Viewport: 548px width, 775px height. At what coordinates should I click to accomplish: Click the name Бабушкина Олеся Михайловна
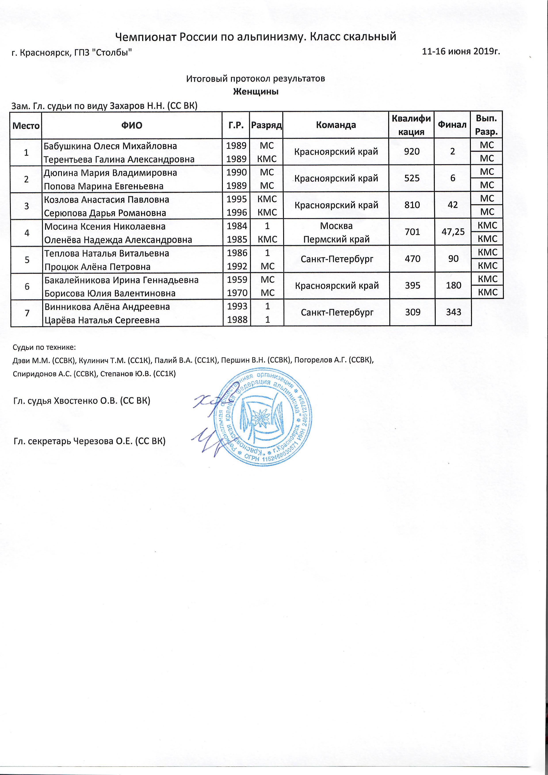point(110,146)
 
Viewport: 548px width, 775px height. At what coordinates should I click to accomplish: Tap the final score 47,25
point(453,232)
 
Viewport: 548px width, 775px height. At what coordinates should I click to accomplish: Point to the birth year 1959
point(237,280)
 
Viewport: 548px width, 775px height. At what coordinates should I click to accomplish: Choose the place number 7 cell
point(26,313)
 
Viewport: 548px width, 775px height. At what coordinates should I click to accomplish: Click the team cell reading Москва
point(336,226)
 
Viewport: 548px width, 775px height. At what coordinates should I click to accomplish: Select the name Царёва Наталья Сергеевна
point(102,320)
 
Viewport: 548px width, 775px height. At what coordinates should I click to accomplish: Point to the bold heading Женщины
point(256,92)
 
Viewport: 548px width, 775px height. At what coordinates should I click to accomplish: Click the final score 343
point(453,312)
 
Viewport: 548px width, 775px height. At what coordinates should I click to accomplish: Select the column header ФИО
point(132,126)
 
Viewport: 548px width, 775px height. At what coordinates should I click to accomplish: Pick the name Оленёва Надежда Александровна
point(118,240)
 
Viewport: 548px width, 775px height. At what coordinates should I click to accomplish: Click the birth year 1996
point(237,213)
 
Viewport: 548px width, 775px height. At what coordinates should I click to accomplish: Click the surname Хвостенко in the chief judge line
point(82,401)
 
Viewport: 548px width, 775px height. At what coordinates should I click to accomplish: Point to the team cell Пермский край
point(336,239)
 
